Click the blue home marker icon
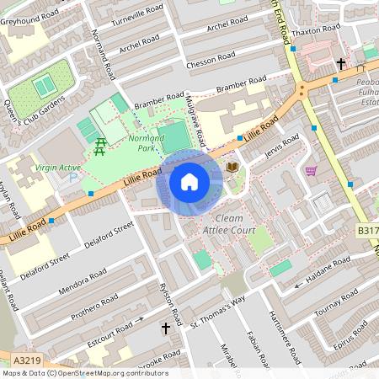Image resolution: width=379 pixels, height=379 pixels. [189, 181]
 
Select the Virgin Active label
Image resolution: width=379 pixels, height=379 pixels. [57, 168]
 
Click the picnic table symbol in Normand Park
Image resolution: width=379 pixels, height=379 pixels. [100, 145]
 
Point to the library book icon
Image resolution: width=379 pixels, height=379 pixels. [232, 168]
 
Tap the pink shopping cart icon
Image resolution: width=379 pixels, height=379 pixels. [311, 170]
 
